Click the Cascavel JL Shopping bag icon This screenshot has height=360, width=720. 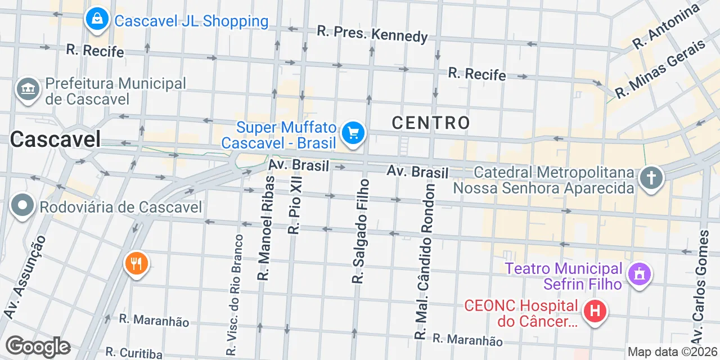click(97, 20)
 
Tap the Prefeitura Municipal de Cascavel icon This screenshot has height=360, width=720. click(28, 89)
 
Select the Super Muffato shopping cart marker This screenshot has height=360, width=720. click(353, 133)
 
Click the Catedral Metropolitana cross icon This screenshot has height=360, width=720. click(651, 178)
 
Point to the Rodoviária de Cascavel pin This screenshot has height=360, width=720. click(22, 206)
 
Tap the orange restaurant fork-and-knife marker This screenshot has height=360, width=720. click(136, 263)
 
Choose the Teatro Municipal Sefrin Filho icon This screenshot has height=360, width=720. click(639, 275)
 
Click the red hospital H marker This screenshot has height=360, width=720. click(595, 311)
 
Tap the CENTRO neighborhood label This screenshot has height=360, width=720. click(431, 123)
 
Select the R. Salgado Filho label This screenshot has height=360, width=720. click(361, 231)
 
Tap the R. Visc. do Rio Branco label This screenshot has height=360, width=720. click(235, 295)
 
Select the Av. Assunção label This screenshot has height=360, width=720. click(24, 277)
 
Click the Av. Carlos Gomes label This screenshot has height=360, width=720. click(700, 287)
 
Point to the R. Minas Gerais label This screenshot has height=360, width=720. click(659, 69)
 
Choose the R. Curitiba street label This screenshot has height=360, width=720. click(134, 353)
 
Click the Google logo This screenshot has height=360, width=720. click(38, 347)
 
